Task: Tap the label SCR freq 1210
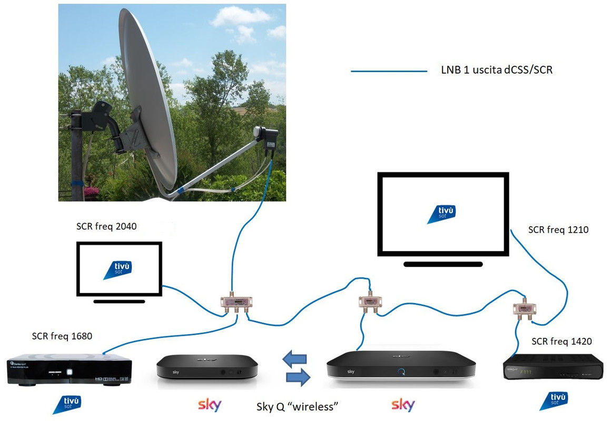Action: point(558,229)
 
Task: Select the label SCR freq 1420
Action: point(561,342)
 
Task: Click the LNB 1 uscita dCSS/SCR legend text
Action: point(497,69)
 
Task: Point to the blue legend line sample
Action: point(389,71)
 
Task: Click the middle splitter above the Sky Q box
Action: point(370,302)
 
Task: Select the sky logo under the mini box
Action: point(209,405)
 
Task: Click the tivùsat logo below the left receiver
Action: point(67,404)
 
